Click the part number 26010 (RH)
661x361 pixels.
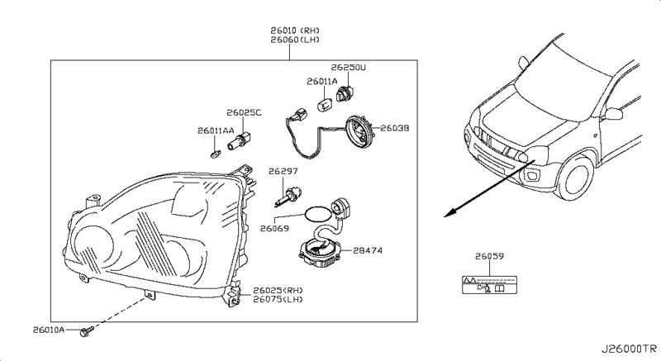(x=289, y=31)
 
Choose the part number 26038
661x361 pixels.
(x=395, y=129)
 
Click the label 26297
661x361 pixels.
(x=282, y=171)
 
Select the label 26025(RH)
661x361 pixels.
(x=279, y=290)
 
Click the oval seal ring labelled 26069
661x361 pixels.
(x=312, y=214)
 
